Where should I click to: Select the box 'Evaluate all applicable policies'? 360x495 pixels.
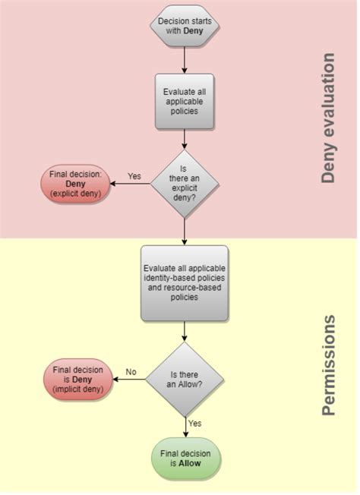pos(185,101)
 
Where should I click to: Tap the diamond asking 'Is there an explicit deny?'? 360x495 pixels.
pos(185,182)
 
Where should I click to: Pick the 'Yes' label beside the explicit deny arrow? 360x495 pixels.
pos(134,176)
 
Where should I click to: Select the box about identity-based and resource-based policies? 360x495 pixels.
pos(185,282)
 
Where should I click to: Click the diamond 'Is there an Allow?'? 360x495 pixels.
pos(185,378)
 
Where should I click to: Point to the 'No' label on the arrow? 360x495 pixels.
pos(131,372)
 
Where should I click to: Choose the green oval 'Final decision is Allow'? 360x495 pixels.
pos(185,459)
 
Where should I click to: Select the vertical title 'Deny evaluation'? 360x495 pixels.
pos(327,118)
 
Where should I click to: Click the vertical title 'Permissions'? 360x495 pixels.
pos(327,366)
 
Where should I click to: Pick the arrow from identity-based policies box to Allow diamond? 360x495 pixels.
pos(185,331)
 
